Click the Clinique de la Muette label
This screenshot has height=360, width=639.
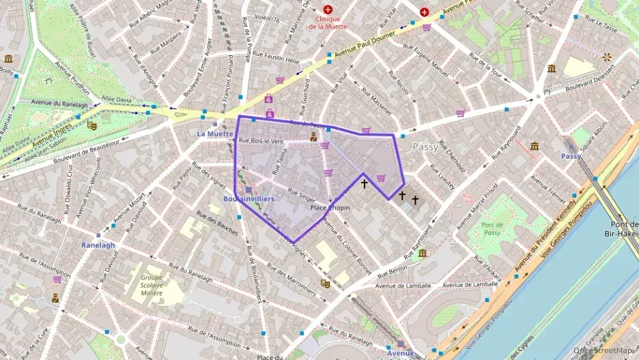[x=328, y=23]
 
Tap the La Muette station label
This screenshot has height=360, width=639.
[x=215, y=134]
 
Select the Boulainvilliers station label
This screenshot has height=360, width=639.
[x=248, y=199]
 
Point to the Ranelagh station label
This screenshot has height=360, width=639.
[x=98, y=245]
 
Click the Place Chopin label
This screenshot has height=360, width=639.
[x=330, y=207]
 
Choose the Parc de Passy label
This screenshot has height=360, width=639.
[x=491, y=228]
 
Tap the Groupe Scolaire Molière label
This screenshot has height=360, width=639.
[x=152, y=285]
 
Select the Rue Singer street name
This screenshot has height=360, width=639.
[x=302, y=195]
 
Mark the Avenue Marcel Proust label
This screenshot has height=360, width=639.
[x=477, y=205]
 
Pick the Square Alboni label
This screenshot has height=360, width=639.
[x=597, y=137]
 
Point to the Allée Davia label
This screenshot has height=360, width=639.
[x=115, y=100]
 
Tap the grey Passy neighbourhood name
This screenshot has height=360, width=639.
[x=425, y=147]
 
